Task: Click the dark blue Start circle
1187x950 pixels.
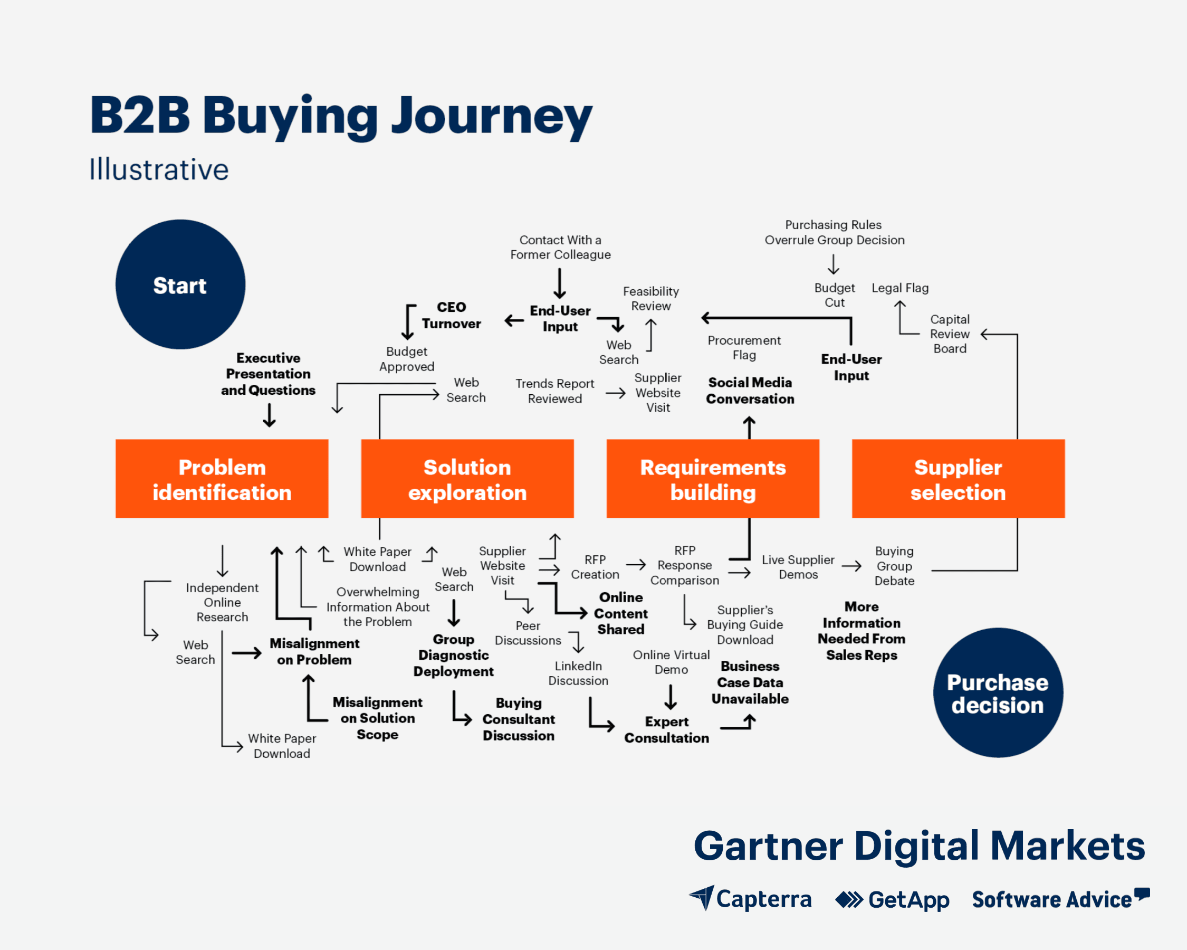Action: [180, 284]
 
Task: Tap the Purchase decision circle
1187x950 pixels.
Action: [997, 693]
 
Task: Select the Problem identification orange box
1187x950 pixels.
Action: [222, 479]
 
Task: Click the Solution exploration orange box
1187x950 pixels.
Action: [467, 479]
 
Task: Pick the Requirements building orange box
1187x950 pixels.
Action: [712, 479]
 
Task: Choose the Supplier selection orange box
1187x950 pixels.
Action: [958, 479]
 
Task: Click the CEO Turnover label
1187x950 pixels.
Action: [451, 315]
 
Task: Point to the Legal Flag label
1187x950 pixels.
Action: [899, 288]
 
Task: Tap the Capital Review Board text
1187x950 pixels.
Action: [949, 334]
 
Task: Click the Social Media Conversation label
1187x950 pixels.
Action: [750, 391]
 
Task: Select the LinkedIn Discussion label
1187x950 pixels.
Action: [578, 673]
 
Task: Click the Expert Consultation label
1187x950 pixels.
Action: [666, 729]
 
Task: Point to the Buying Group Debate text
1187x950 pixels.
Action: [894, 566]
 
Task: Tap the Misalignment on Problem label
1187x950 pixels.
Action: [314, 651]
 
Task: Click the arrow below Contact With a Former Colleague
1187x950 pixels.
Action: [560, 283]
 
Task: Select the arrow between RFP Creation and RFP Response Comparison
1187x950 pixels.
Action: [635, 565]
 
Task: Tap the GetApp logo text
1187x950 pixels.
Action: [908, 899]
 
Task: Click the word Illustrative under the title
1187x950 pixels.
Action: [159, 169]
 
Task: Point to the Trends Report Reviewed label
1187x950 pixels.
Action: [554, 391]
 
